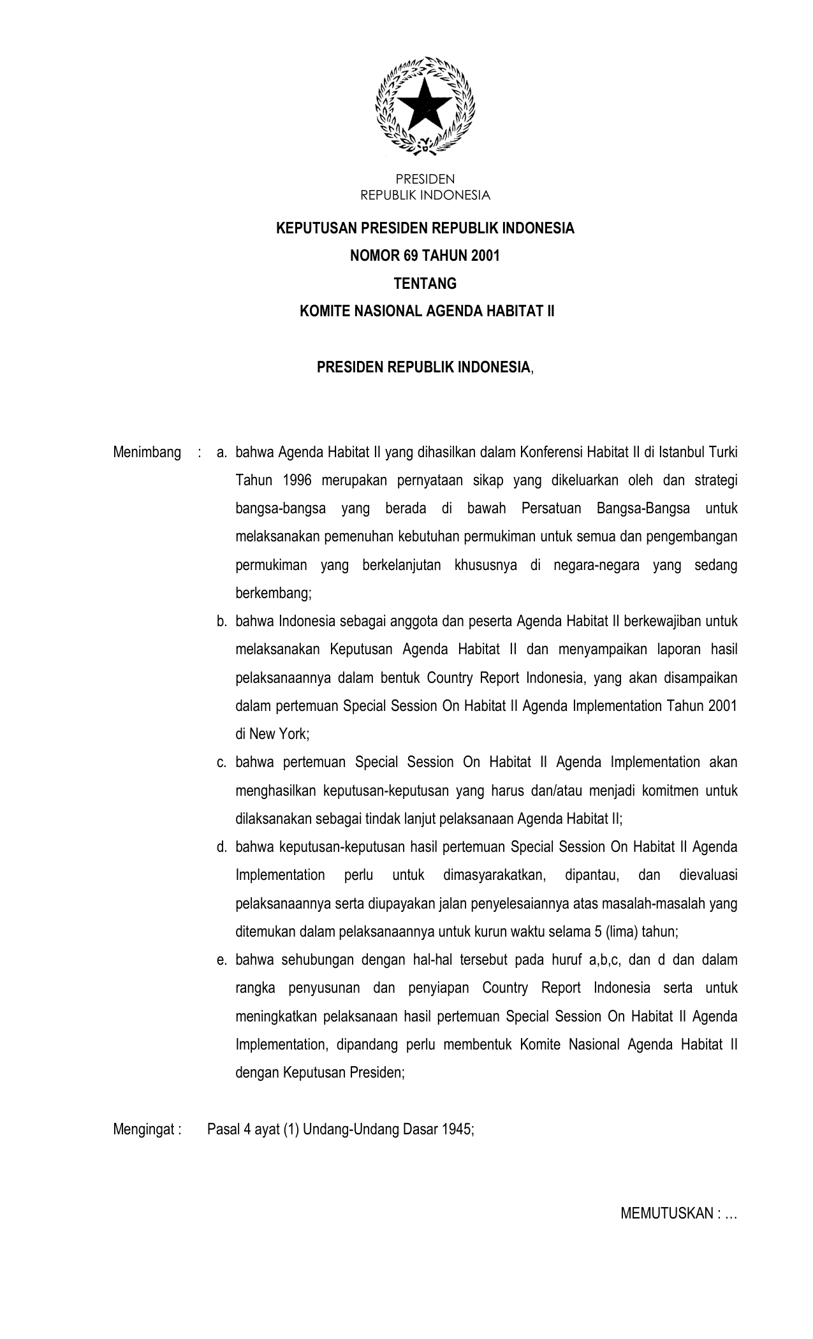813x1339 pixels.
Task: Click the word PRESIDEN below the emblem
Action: tap(425, 180)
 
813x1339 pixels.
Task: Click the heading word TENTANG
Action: tap(425, 283)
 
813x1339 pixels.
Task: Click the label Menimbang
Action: tap(147, 453)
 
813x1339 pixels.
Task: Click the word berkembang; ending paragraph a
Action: tap(274, 594)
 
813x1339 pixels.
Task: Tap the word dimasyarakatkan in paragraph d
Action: tap(494, 875)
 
